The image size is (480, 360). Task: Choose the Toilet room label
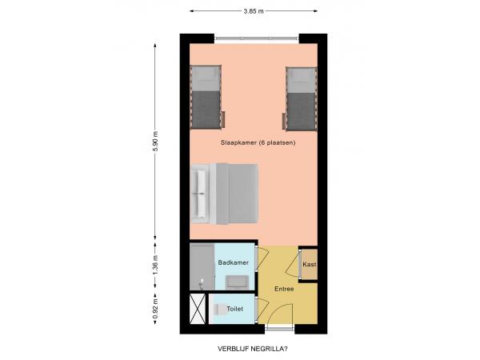(235, 308)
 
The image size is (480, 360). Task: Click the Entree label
(284, 289)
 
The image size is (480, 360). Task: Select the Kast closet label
(309, 264)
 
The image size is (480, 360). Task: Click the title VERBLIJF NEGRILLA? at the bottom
(252, 349)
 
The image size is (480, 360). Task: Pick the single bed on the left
(206, 98)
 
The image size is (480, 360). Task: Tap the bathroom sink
(236, 280)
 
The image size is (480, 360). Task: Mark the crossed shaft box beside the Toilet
(197, 309)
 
